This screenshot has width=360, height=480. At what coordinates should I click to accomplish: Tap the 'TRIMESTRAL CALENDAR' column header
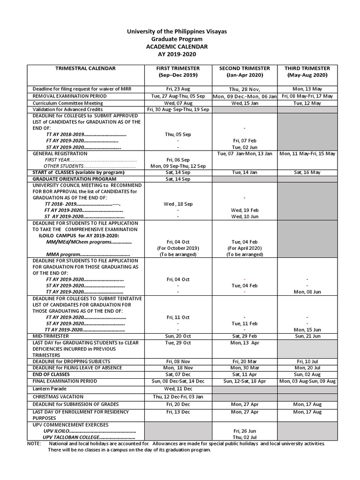point(85,68)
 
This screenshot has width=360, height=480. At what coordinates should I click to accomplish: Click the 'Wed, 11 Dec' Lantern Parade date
point(178,389)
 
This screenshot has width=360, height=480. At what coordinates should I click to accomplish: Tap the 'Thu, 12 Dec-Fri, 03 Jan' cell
point(178,397)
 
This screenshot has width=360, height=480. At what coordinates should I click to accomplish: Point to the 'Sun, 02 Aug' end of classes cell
point(307,375)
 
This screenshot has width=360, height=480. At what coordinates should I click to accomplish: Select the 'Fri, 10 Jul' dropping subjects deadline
point(307,361)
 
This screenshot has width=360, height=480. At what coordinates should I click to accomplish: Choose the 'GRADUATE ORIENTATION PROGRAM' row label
point(75,179)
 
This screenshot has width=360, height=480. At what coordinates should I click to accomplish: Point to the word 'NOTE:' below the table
point(34,443)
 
